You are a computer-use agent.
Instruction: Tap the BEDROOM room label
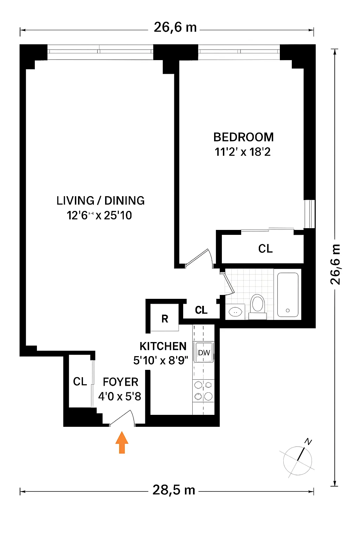pyautogui.click(x=243, y=137)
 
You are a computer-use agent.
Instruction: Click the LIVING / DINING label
pyautogui.click(x=101, y=200)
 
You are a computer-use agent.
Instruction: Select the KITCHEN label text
pyautogui.click(x=163, y=346)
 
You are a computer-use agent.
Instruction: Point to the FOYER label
pyautogui.click(x=120, y=382)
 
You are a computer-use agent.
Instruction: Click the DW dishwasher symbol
pyautogui.click(x=204, y=353)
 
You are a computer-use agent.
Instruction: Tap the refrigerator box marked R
pyautogui.click(x=165, y=319)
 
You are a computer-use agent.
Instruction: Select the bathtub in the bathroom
pyautogui.click(x=288, y=295)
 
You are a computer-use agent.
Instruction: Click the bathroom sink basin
pyautogui.click(x=235, y=311)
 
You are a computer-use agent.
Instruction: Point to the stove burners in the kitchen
pyautogui.click(x=204, y=391)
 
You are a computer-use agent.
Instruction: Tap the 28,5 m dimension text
pyautogui.click(x=174, y=490)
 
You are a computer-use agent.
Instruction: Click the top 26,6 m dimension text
pyautogui.click(x=175, y=27)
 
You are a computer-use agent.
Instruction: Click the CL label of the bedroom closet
pyautogui.click(x=265, y=249)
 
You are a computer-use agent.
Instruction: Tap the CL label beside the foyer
pyautogui.click(x=80, y=381)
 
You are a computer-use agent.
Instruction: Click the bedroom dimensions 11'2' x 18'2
pyautogui.click(x=243, y=152)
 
